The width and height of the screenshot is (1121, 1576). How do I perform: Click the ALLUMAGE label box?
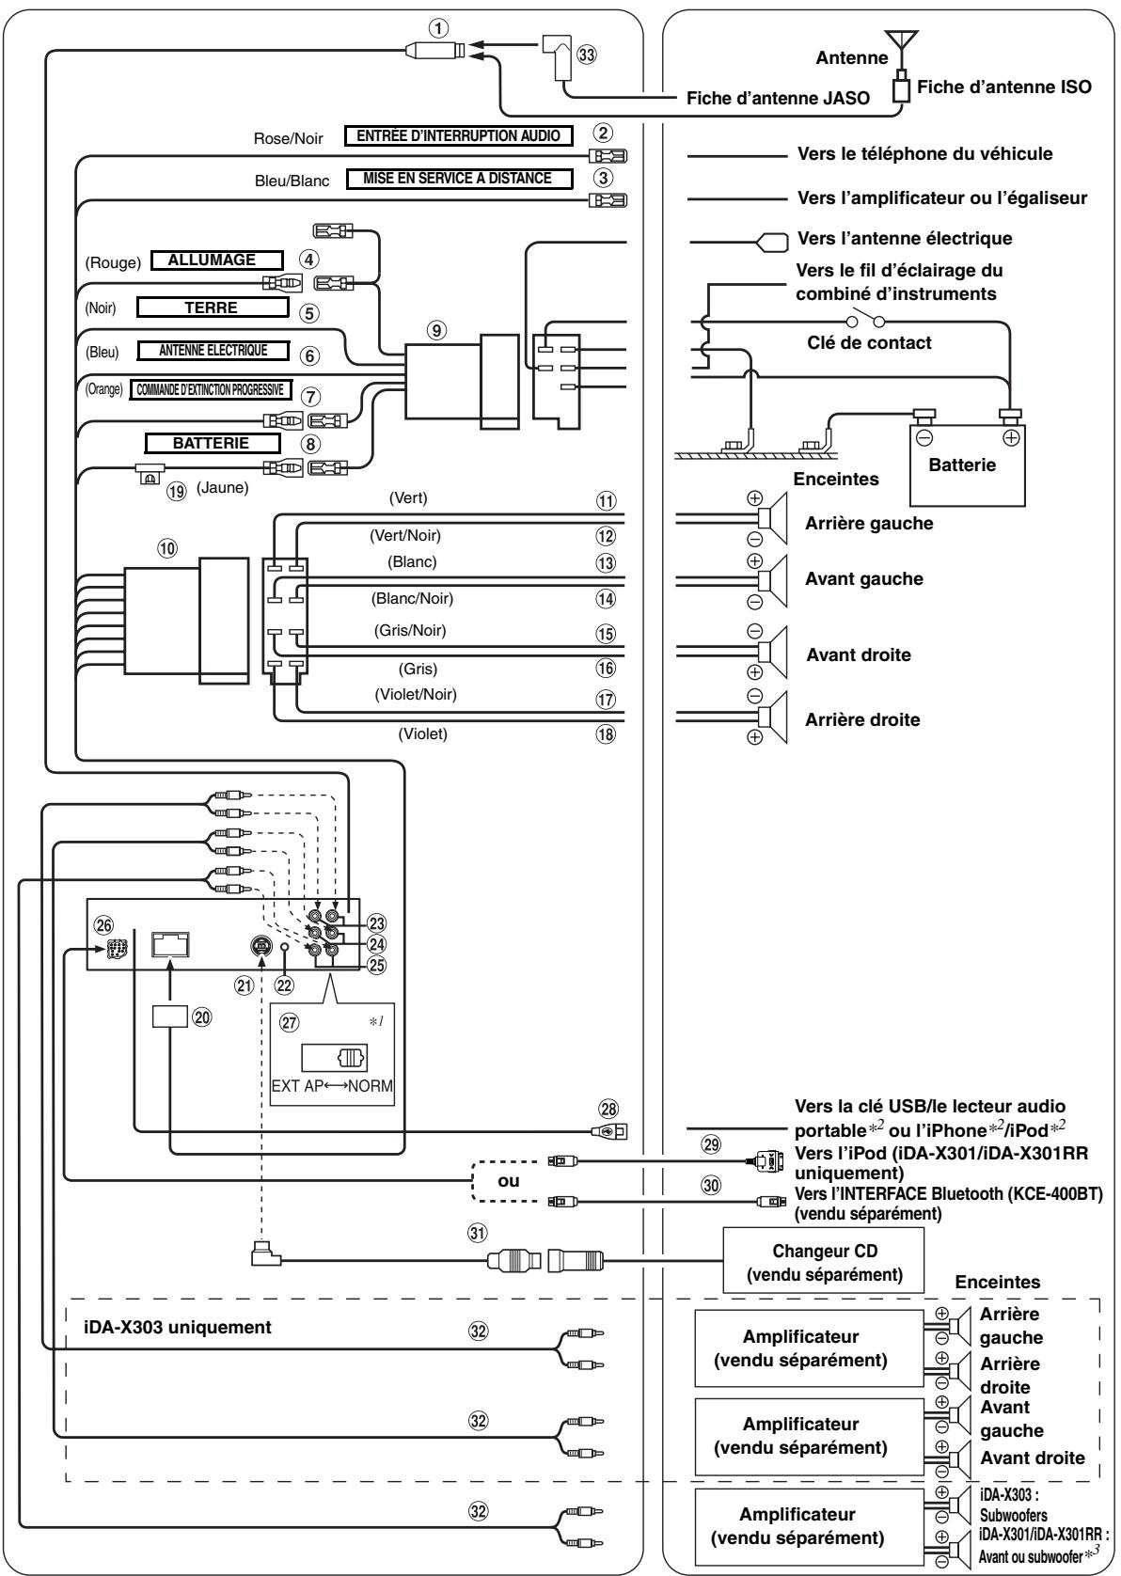click(x=217, y=260)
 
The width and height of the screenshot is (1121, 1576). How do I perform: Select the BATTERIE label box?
click(x=212, y=443)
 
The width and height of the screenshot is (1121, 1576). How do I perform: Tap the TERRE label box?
click(x=212, y=307)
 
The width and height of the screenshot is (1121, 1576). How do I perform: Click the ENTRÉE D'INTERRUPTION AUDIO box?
click(x=458, y=135)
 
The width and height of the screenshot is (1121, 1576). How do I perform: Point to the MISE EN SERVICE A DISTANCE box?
click(x=459, y=179)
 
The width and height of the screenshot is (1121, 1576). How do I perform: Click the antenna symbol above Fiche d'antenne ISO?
click(x=901, y=46)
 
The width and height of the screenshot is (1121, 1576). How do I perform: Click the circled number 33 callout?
click(x=586, y=55)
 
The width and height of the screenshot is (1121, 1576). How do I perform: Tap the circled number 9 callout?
click(x=437, y=329)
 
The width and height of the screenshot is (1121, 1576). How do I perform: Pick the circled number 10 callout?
click(x=166, y=548)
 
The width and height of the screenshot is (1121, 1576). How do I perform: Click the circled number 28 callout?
click(x=608, y=1110)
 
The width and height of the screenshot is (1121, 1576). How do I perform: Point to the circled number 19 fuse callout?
click(x=176, y=491)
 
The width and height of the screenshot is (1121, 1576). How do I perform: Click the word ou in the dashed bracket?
click(x=508, y=1181)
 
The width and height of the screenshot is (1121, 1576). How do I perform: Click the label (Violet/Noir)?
click(x=415, y=694)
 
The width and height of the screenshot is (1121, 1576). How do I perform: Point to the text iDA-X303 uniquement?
click(x=178, y=1328)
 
